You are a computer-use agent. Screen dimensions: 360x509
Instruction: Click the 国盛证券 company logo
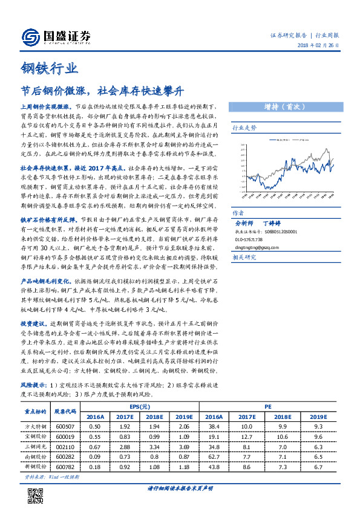pyautogui.click(x=56, y=36)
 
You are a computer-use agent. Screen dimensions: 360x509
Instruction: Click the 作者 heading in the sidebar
pyautogui.click(x=238, y=213)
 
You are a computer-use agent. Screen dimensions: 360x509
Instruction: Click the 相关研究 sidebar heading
pyautogui.click(x=244, y=257)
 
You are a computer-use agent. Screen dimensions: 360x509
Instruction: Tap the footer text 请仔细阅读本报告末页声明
pyautogui.click(x=180, y=488)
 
